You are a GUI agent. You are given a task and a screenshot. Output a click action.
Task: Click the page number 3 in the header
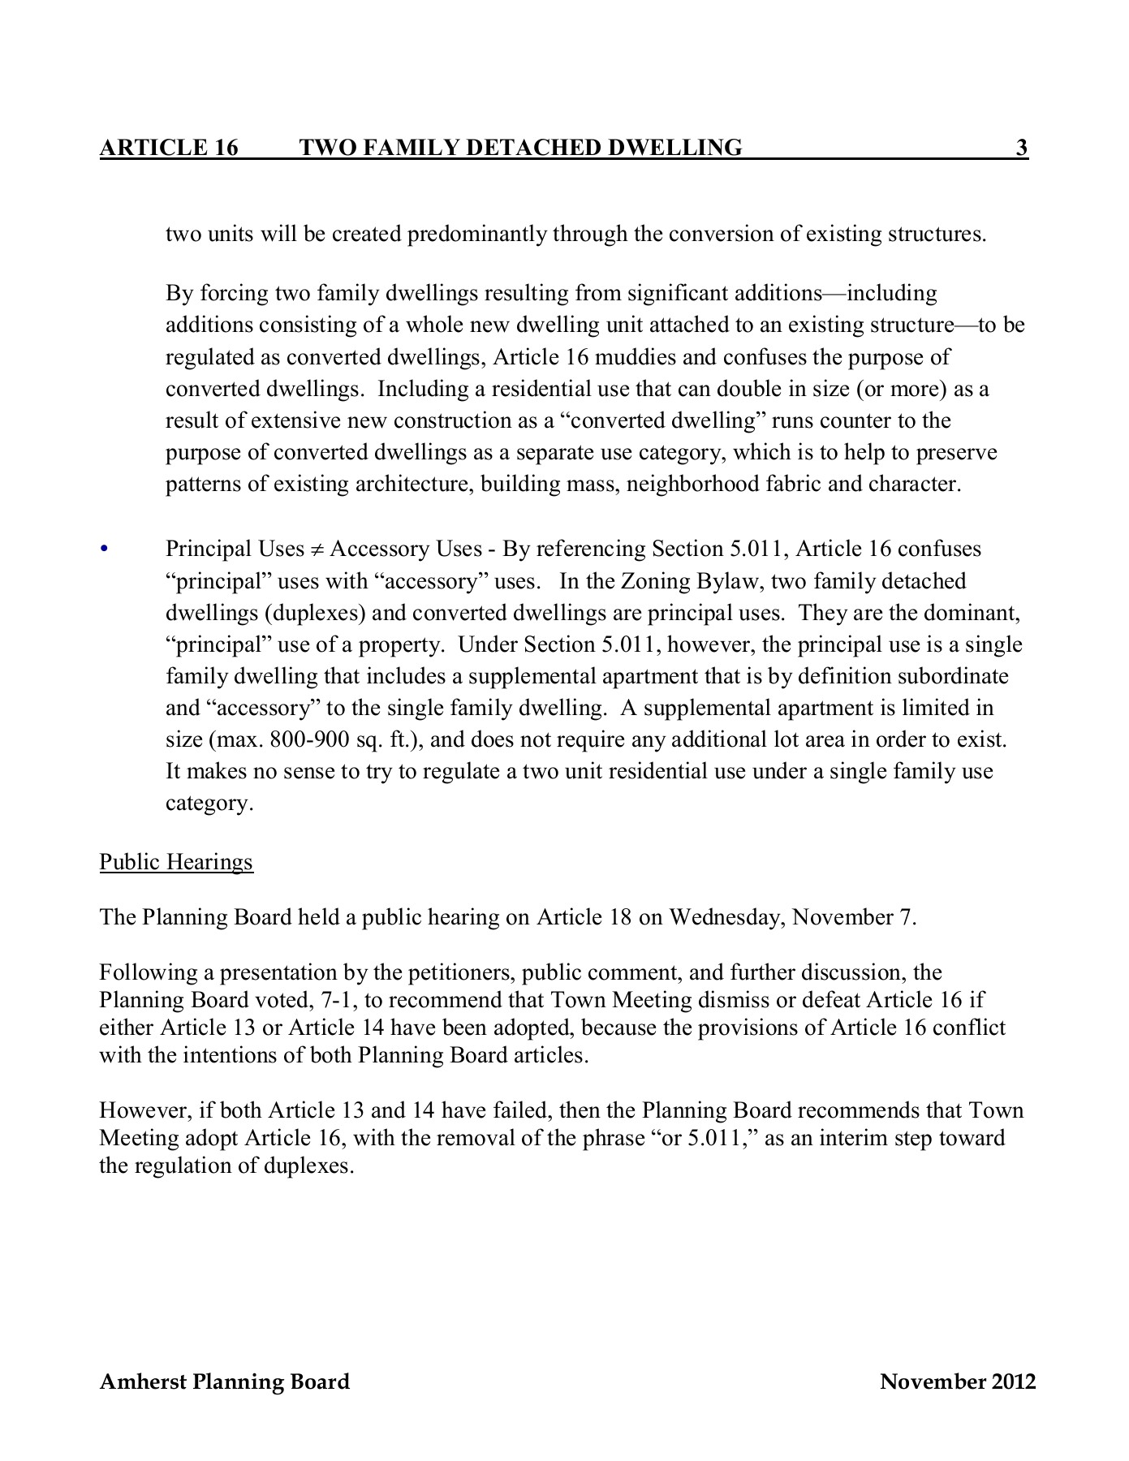click(x=1022, y=148)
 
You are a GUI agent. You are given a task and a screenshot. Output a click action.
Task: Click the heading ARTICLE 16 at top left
click(x=169, y=148)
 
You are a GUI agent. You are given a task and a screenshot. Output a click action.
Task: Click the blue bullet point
click(x=103, y=549)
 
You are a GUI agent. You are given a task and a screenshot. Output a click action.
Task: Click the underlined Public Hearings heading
click(x=176, y=861)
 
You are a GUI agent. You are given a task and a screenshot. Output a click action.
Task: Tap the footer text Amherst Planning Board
click(x=224, y=1381)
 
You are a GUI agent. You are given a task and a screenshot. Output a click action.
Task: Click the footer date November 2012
click(x=958, y=1381)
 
